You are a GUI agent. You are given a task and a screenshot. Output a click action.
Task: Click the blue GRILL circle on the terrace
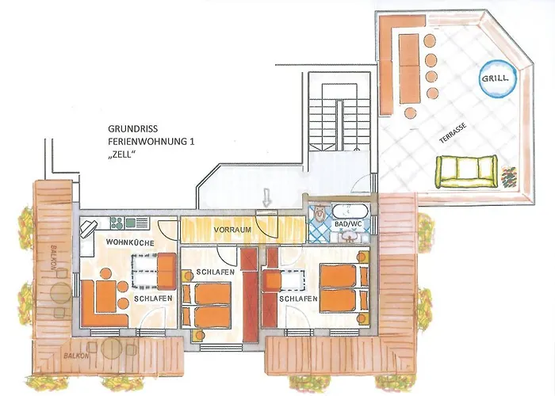point(497,78)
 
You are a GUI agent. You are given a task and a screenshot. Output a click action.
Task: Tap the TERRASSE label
point(453,133)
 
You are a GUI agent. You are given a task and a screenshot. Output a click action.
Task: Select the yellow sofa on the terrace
point(465,172)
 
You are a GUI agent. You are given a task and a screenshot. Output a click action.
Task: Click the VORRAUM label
point(232,230)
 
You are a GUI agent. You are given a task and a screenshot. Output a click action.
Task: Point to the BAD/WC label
point(348,224)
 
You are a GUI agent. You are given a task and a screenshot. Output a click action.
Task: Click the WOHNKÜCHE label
point(130,243)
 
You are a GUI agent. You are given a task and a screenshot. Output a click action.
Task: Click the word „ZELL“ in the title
point(122,154)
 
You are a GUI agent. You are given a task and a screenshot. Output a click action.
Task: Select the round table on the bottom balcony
point(112,348)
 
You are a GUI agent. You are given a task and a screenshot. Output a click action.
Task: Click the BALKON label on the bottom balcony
point(76,356)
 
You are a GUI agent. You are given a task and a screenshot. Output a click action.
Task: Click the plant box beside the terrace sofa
point(509,177)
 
